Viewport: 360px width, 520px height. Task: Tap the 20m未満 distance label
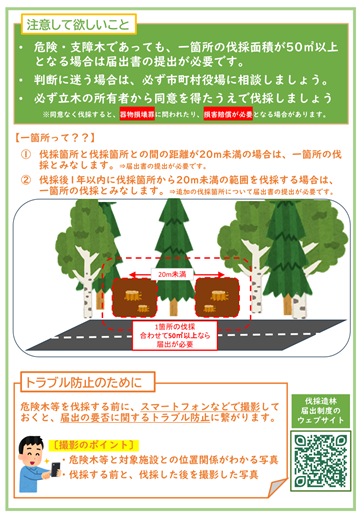point(179,271)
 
